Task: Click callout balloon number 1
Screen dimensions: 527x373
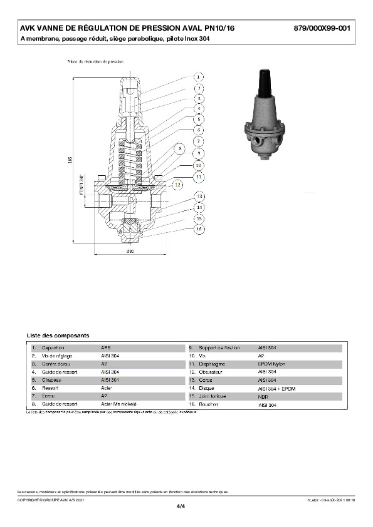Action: coord(197,77)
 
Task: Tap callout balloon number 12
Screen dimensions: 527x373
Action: coord(177,185)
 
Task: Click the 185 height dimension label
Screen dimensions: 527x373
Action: coord(70,161)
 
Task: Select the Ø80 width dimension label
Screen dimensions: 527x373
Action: coord(131,252)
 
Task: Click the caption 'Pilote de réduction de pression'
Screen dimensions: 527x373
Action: coord(95,62)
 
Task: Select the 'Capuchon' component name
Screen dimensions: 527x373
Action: coord(53,347)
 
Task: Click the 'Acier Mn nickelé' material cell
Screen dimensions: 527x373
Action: coord(119,404)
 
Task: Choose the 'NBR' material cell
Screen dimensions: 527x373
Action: coord(264,396)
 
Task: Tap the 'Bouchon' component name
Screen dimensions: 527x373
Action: coord(209,405)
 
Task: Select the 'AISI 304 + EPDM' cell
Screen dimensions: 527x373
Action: coord(276,388)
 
